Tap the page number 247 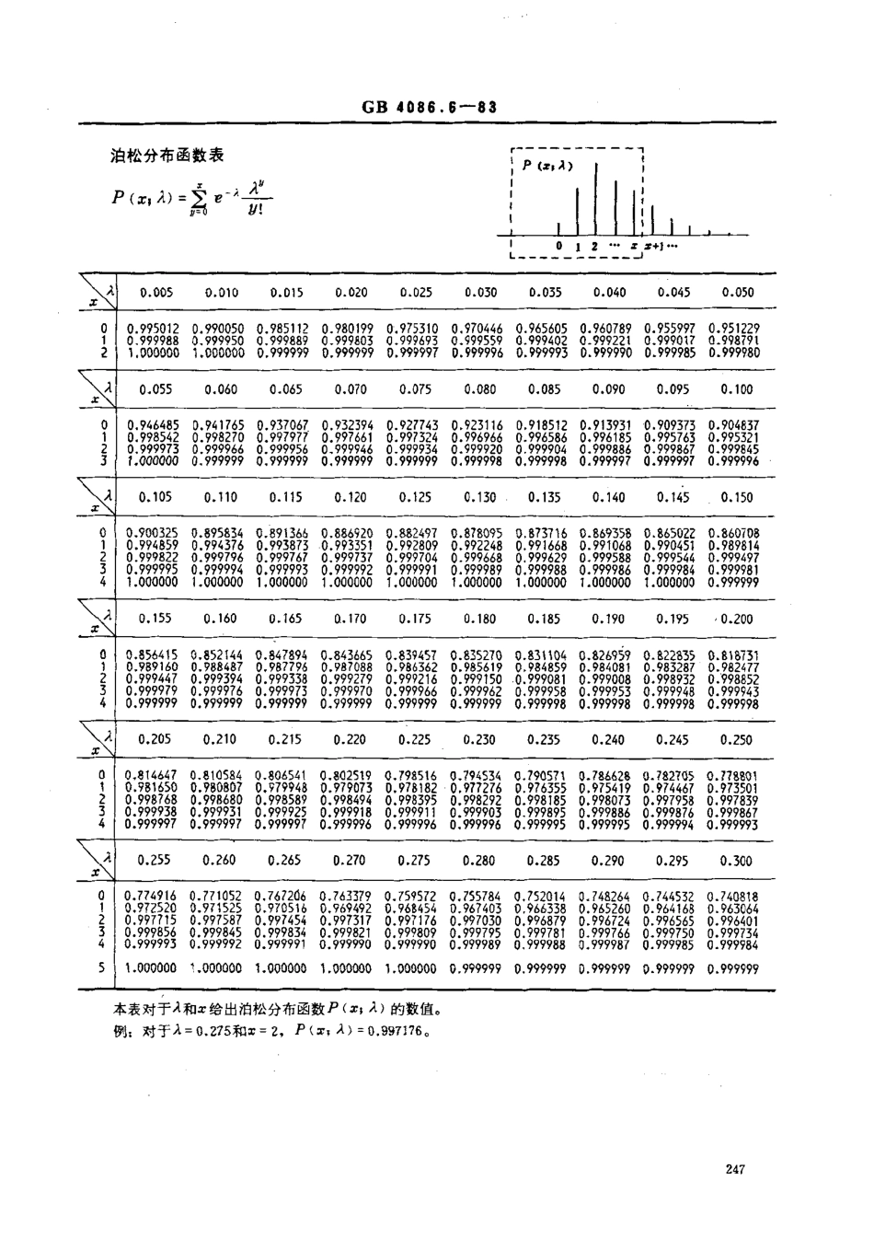[734, 1169]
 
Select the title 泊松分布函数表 [167, 156]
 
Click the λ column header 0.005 [155, 292]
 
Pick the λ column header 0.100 [737, 389]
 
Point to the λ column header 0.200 [737, 619]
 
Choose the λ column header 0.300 [737, 861]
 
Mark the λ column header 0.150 [737, 497]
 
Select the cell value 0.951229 [734, 329]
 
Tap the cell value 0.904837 [734, 426]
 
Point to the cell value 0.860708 [734, 533]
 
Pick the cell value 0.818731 [734, 655]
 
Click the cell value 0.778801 [734, 776]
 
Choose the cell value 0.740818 [734, 897]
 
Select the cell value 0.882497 [411, 533]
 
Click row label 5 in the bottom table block [102, 967]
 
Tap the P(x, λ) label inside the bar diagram [547, 166]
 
